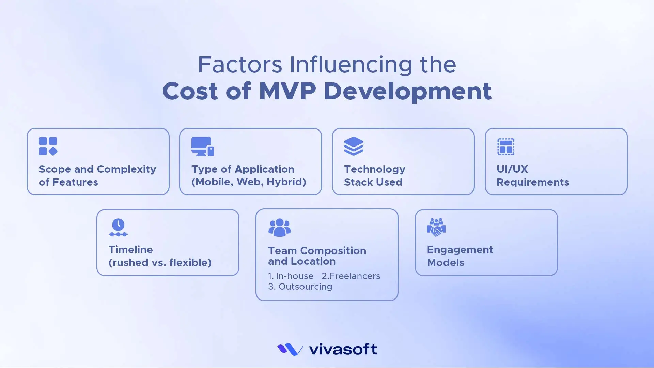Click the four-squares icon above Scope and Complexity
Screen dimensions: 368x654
(48, 147)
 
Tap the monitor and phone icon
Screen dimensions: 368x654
(202, 147)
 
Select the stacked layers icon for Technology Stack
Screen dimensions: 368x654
(354, 146)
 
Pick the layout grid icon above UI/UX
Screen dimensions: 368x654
(506, 147)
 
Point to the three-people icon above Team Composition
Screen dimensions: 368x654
(280, 228)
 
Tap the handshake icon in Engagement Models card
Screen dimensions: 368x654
(436, 227)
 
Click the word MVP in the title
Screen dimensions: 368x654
(287, 91)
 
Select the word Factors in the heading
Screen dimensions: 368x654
(240, 64)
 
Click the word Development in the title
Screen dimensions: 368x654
(408, 91)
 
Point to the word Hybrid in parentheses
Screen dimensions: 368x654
(286, 182)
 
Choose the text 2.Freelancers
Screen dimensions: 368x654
(351, 276)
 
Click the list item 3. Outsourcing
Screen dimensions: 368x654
(300, 287)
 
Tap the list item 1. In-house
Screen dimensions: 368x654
(291, 276)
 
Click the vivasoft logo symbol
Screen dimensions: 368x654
(290, 349)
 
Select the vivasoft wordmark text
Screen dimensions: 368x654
(343, 349)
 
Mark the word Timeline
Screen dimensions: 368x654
(130, 250)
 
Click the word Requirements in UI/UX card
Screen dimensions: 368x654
(533, 182)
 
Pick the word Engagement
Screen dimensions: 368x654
(460, 250)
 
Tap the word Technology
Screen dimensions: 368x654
(375, 169)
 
